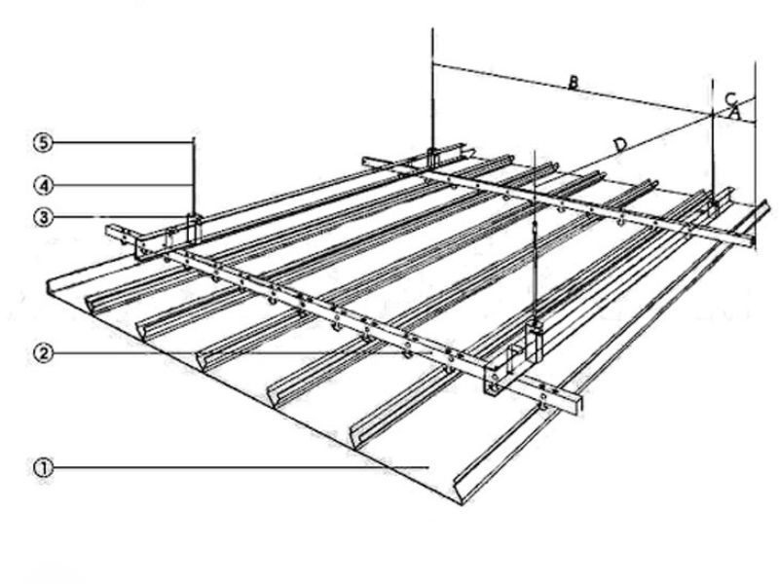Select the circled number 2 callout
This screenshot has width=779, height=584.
[x=41, y=352]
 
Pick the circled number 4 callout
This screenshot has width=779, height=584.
[x=41, y=182]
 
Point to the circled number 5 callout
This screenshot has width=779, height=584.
[x=41, y=143]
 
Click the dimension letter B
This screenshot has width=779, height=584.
[x=574, y=85]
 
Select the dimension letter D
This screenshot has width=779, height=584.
[x=619, y=145]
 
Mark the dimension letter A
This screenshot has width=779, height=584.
[x=736, y=113]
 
